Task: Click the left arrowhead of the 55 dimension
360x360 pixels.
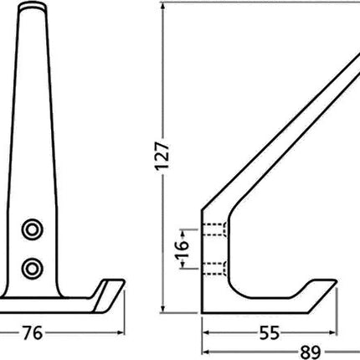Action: tap(206, 333)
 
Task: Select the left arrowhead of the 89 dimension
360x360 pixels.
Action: tap(206, 351)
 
